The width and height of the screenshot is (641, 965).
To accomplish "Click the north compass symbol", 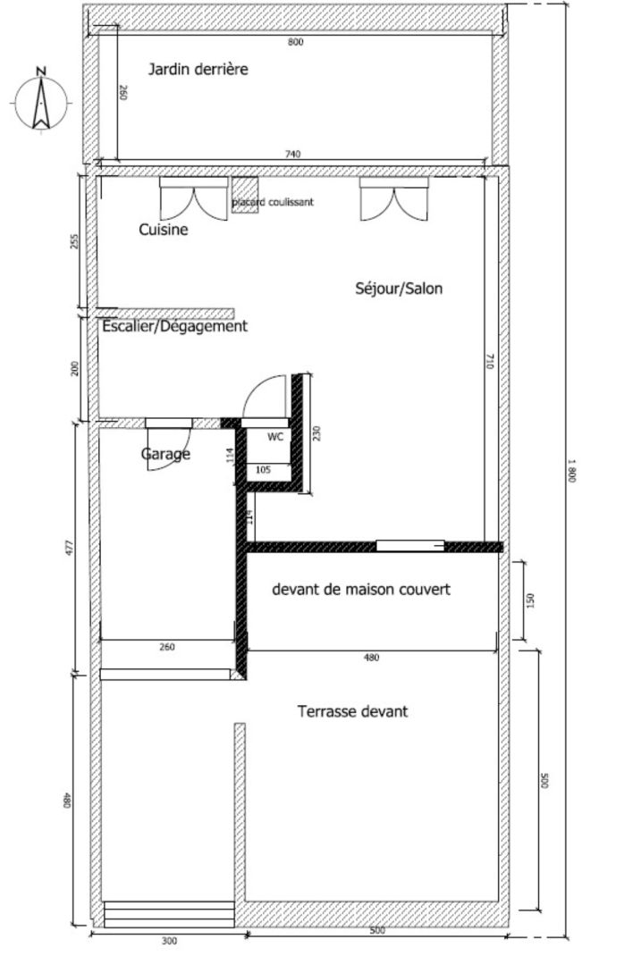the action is [40, 100].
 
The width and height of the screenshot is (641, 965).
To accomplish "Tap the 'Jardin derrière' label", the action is [198, 68].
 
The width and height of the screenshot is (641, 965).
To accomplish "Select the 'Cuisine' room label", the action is [164, 230].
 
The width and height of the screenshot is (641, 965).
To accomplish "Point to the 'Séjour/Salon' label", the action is [399, 288].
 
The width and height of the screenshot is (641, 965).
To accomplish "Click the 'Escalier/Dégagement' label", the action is [174, 326].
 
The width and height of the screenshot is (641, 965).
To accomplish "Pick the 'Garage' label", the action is [165, 454].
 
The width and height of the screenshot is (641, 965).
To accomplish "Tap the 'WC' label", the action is [275, 437].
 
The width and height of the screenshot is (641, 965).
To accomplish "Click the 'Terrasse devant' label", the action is [352, 711].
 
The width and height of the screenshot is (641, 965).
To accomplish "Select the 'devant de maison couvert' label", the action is [361, 589].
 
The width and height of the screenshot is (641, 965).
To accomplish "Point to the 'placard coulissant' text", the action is [273, 202].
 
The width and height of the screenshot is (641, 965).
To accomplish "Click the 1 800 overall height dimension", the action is [571, 471].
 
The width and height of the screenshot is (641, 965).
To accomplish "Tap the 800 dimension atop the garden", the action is [296, 42].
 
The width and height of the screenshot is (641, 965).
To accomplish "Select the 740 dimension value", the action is [293, 155].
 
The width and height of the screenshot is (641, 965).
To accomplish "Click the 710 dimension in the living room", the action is [490, 361].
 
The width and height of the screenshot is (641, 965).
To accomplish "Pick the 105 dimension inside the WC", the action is [263, 470].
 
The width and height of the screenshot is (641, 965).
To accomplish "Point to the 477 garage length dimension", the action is [69, 548].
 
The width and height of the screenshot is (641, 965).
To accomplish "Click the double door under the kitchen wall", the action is [193, 198].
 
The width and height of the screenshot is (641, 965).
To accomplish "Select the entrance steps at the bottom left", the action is [169, 914].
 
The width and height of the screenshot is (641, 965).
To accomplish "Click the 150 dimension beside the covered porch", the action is [531, 600].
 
